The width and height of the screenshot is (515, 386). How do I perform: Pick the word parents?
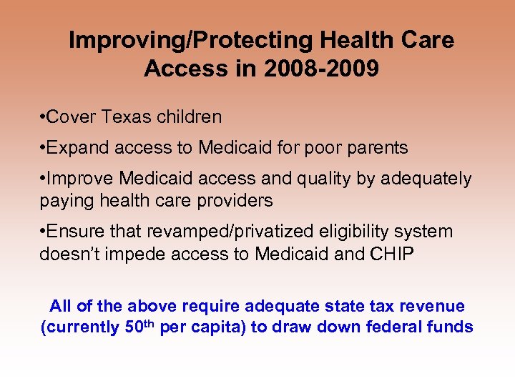[x=376, y=148]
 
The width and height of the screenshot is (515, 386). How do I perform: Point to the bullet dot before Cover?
[x=44, y=117]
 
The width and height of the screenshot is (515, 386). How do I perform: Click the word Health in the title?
[x=333, y=41]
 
